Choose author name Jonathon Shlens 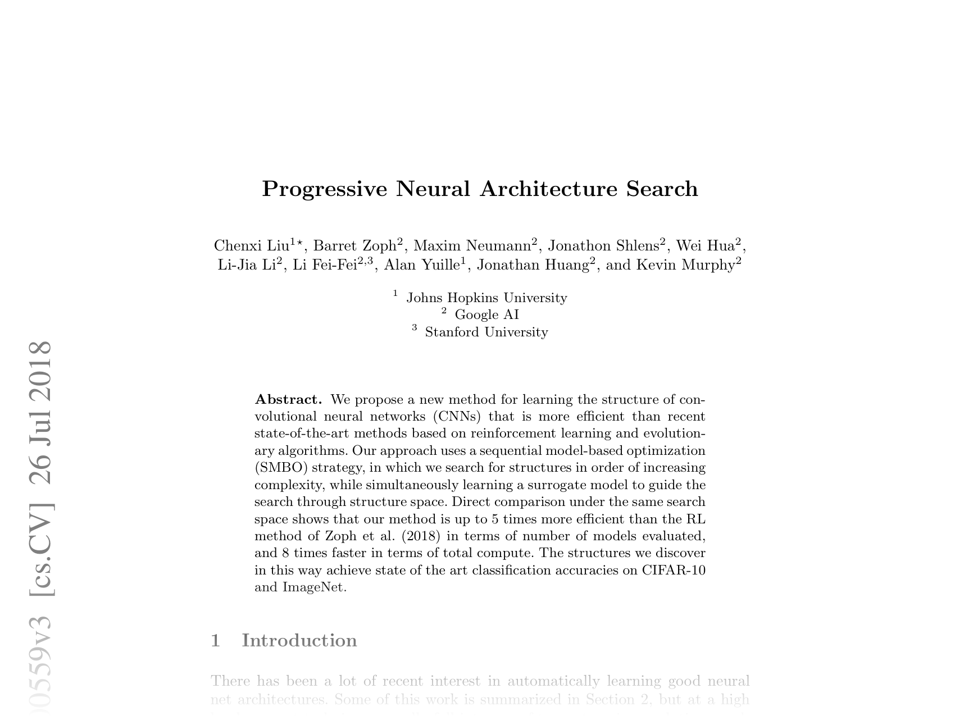pyautogui.click(x=603, y=246)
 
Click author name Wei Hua pyautogui.click(x=705, y=246)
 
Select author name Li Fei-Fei pyautogui.click(x=325, y=265)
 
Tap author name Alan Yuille pyautogui.click(x=421, y=265)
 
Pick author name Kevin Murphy pyautogui.click(x=685, y=265)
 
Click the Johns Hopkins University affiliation pyautogui.click(x=486, y=298)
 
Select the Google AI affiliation pyautogui.click(x=486, y=314)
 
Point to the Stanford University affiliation pyautogui.click(x=486, y=332)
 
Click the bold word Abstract pyautogui.click(x=288, y=400)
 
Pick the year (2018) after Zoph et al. pyautogui.click(x=421, y=536)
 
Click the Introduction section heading pyautogui.click(x=299, y=641)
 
